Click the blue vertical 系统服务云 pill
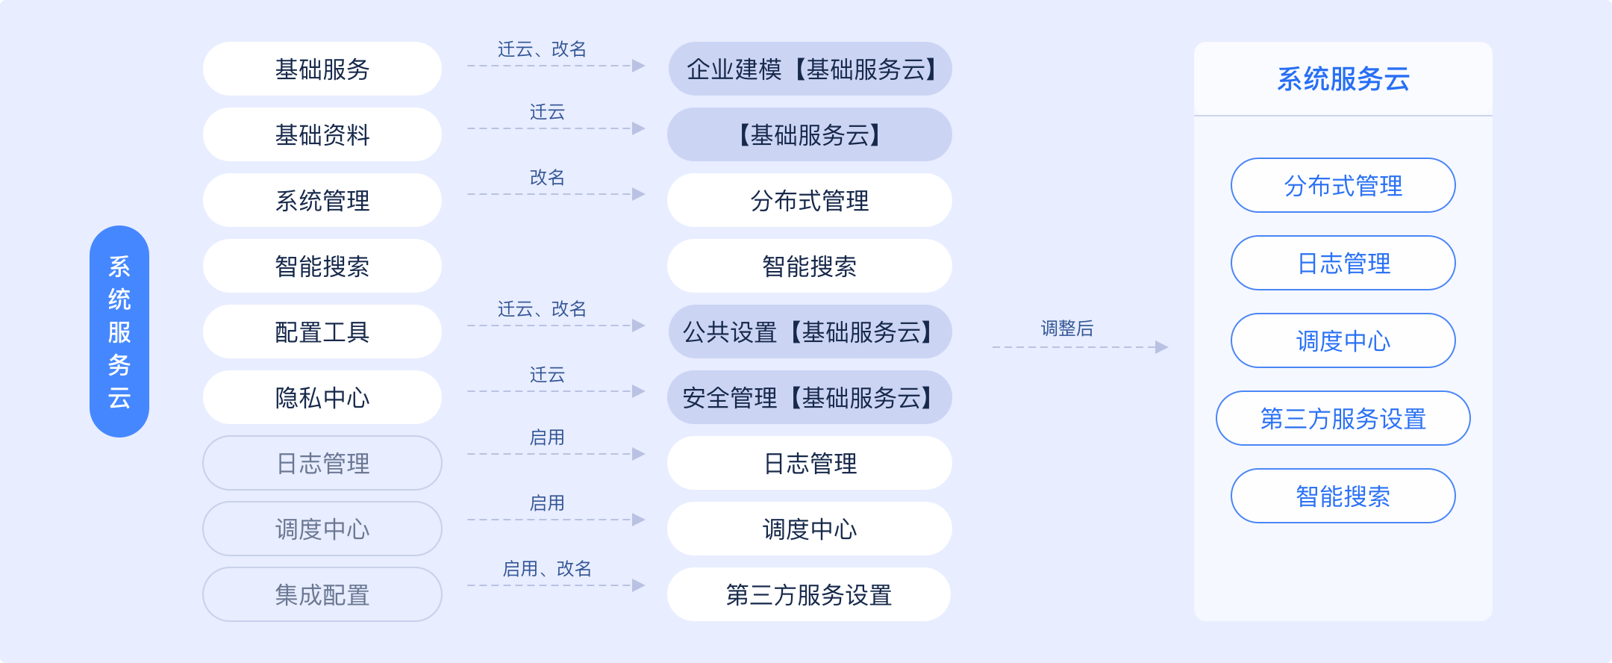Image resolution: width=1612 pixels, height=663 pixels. click(119, 331)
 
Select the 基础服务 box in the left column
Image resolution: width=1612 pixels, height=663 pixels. click(322, 69)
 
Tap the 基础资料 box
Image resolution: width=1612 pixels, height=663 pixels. click(322, 134)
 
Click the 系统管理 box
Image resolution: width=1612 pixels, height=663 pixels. click(322, 200)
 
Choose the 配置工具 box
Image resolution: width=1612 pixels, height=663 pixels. click(322, 331)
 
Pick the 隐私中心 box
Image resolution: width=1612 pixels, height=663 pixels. click(322, 397)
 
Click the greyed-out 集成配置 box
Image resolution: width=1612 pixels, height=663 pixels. click(322, 594)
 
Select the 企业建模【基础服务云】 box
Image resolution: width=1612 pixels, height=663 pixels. click(810, 69)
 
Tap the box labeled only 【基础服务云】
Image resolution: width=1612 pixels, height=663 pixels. click(810, 134)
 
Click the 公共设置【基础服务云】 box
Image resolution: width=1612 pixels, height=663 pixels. click(810, 331)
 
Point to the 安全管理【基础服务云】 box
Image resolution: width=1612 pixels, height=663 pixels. click(810, 397)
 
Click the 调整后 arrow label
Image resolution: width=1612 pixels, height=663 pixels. click(1067, 329)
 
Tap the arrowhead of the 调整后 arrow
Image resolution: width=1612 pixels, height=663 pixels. click(1161, 347)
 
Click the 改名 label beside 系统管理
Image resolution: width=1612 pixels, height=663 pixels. click(547, 178)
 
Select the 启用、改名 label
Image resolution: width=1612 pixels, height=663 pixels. click(547, 569)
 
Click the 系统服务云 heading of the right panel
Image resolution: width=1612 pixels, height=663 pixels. click(1343, 79)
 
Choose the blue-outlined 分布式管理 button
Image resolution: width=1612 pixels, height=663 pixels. click(1343, 185)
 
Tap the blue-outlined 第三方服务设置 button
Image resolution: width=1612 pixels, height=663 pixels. click(1343, 418)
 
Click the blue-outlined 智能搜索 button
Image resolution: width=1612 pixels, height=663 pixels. click(1343, 496)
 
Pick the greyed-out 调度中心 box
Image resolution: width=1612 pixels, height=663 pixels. click(322, 529)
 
